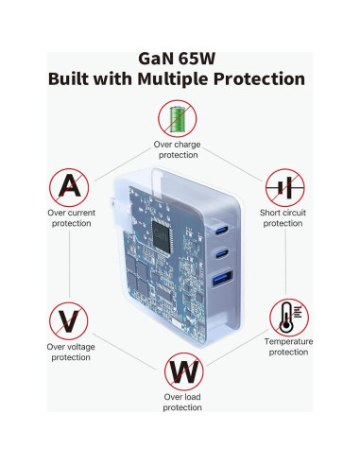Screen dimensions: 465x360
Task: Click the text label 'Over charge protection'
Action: point(176,149)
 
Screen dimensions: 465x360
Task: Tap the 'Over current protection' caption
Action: point(69,218)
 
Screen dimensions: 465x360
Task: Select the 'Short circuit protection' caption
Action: point(283,218)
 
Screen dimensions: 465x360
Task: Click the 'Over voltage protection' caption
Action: point(69,352)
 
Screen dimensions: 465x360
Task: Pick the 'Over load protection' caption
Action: point(181,402)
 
